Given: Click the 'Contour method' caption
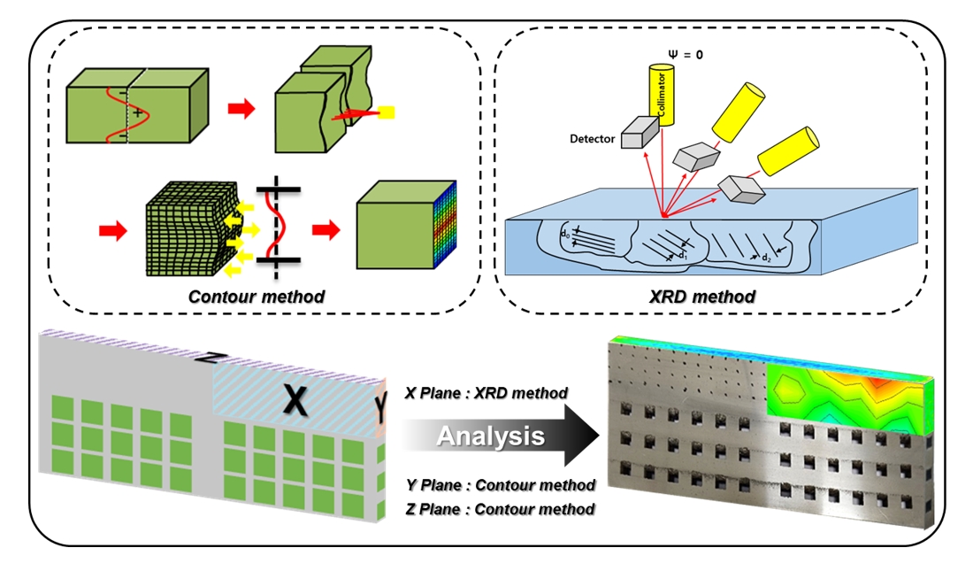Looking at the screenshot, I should click(256, 296).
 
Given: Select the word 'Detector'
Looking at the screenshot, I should click(594, 139).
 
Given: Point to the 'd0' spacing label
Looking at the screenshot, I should click(564, 235).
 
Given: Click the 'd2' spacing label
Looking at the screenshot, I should click(765, 257).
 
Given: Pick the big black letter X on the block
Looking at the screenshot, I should click(297, 401).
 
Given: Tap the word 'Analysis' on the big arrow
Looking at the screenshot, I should click(492, 436).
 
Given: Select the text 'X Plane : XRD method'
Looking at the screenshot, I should click(486, 393).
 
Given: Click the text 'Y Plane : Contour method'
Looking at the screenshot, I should click(499, 484).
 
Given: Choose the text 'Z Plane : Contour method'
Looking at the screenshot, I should click(499, 509).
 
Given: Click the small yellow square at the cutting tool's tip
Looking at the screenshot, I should click(387, 112).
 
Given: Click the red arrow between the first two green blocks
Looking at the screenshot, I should click(240, 108).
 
